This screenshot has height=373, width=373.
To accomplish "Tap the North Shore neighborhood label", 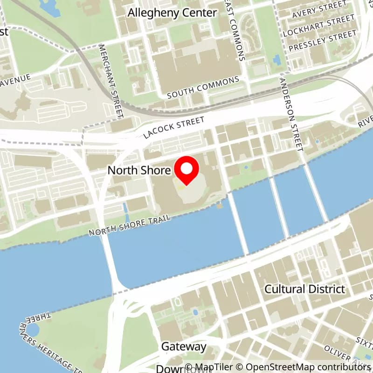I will point(139,170).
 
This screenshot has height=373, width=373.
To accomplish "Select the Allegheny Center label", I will point(173,13).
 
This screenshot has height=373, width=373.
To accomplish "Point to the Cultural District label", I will point(305,289).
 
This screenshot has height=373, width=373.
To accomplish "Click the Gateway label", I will point(184,346).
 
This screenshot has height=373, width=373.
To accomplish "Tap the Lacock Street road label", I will point(174,127).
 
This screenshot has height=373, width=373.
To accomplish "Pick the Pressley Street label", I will point(322,41).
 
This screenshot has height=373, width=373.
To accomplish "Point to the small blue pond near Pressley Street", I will point(278,59).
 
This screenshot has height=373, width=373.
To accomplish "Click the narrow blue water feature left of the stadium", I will point(125,212).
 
